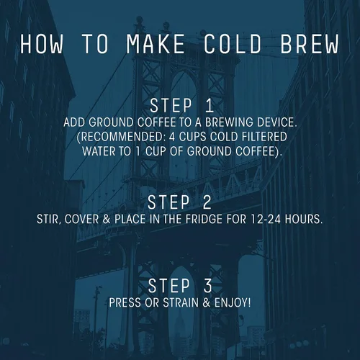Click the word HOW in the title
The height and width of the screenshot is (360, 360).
click(42, 44)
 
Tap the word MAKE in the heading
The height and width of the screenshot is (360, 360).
click(156, 44)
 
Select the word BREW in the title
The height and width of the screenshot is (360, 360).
click(310, 44)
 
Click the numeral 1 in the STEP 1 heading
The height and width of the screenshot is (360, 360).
click(210, 106)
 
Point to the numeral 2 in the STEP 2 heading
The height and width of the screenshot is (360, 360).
click(207, 202)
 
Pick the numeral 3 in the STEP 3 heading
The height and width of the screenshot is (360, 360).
click(208, 286)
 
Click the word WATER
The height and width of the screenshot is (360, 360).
click(99, 151)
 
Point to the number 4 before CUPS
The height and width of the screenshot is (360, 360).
click(172, 137)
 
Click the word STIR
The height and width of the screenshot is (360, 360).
click(48, 220)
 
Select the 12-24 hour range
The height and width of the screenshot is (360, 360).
click(266, 220)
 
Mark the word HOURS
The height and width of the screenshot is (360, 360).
click(304, 220)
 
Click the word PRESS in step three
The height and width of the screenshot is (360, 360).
click(125, 302)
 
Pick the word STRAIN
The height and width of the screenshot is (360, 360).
click(181, 302)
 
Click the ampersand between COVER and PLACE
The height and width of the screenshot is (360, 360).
click(107, 220)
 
